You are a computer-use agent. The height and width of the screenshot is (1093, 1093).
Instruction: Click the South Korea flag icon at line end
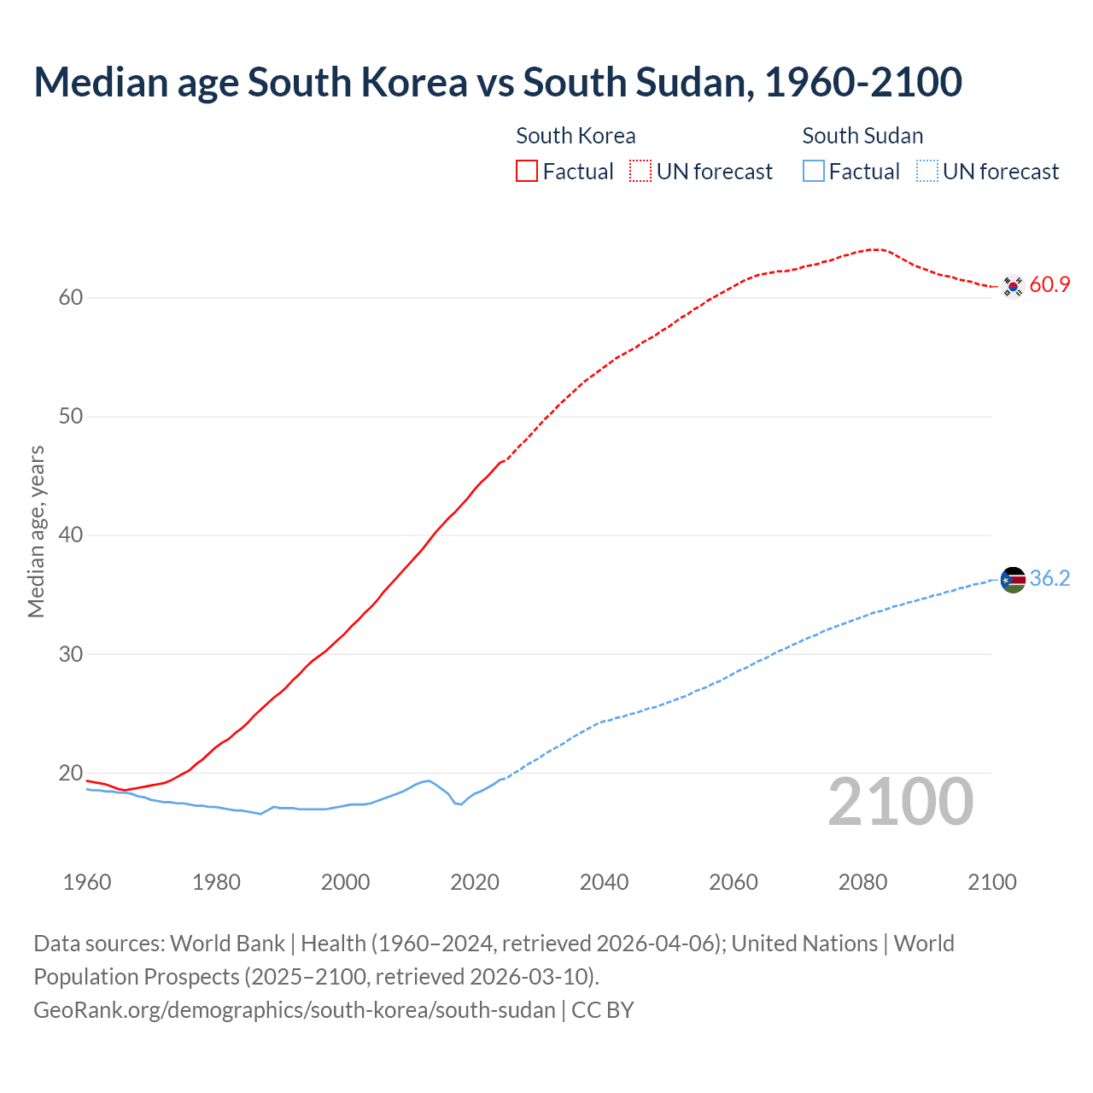(x=1013, y=286)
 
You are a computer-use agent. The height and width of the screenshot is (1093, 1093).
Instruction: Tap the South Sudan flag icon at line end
(x=1013, y=580)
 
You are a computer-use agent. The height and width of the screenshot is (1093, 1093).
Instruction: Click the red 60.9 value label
(x=1049, y=285)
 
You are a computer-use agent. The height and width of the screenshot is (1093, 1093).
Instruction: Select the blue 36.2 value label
(x=1049, y=579)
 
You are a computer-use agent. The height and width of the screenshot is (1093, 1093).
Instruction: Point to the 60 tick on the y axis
(x=71, y=298)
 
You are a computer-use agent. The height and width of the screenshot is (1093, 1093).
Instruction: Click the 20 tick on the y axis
(x=71, y=774)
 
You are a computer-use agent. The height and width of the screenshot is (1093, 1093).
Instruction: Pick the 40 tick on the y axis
(x=71, y=535)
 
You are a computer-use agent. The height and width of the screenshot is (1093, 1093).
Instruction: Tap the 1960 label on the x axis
(x=87, y=882)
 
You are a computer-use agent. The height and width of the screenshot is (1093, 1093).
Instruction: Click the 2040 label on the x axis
(x=604, y=882)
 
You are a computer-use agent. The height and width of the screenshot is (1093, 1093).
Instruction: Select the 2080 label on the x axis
(x=862, y=882)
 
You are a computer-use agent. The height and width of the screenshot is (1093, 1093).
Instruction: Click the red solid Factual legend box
(x=527, y=172)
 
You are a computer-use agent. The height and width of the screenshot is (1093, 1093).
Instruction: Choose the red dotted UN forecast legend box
(x=640, y=172)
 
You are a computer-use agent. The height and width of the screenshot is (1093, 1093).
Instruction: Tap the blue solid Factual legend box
(x=814, y=172)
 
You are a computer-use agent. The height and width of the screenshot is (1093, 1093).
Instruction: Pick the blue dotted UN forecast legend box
(x=927, y=172)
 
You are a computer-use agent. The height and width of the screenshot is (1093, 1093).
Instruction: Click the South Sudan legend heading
(x=862, y=136)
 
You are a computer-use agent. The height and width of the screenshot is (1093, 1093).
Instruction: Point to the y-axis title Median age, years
(x=36, y=531)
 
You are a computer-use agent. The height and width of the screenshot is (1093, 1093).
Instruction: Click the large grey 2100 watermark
(x=900, y=802)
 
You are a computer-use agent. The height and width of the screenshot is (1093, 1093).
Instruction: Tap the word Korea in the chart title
(x=414, y=82)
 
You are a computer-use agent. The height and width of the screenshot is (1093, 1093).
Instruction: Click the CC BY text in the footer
(x=603, y=1010)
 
